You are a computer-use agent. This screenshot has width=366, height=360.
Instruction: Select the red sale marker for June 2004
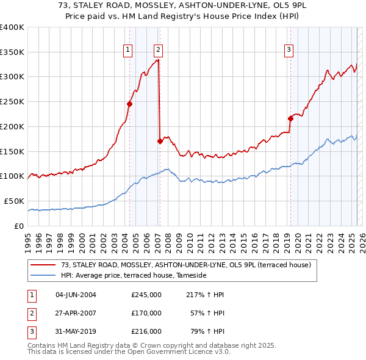130,104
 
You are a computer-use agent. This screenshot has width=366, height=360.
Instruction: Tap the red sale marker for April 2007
160,141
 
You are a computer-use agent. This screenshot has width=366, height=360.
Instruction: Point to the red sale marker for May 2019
290,118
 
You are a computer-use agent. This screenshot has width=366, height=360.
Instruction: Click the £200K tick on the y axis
12,126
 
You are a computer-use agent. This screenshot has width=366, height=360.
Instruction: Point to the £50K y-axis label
14,201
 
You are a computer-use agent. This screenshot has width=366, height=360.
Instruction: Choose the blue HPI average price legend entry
134,276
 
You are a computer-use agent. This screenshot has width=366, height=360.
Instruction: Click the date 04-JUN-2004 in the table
76,295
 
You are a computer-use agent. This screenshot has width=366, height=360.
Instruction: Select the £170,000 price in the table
146,313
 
